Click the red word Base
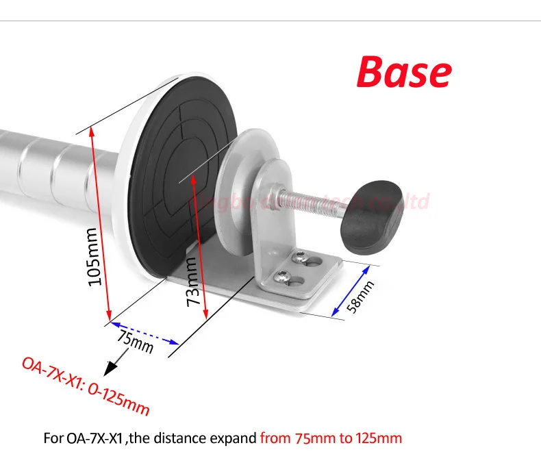[404, 72]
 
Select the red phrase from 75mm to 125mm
[331, 438]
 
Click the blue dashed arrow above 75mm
[144, 331]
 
